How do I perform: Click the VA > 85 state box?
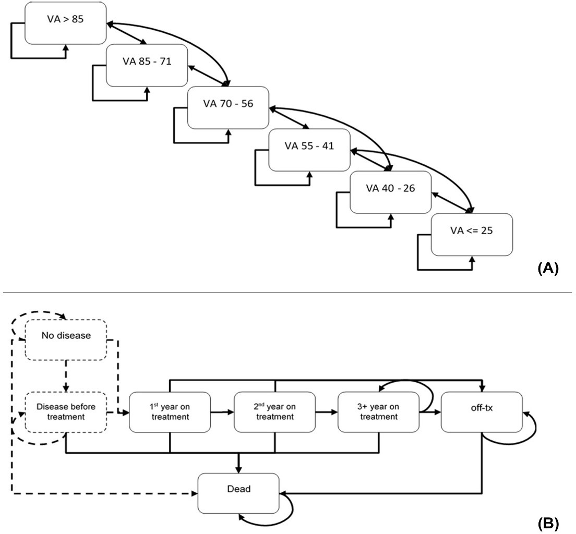pyautogui.click(x=66, y=23)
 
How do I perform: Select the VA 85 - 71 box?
pyautogui.click(x=147, y=65)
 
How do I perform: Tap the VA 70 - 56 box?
pyautogui.click(x=228, y=108)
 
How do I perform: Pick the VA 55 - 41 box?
pyautogui.click(x=309, y=150)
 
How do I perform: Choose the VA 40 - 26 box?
pyautogui.click(x=391, y=192)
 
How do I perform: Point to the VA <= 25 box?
pyautogui.click(x=472, y=234)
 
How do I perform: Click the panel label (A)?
pyautogui.click(x=547, y=269)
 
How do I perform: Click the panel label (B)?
pyautogui.click(x=547, y=523)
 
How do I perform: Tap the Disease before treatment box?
pyautogui.click(x=66, y=411)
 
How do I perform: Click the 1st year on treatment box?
pyautogui.click(x=170, y=411)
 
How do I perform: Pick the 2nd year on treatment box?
pyautogui.click(x=274, y=411)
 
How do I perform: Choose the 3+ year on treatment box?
pyautogui.click(x=378, y=411)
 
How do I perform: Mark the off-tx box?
pyautogui.click(x=482, y=411)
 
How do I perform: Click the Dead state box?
pyautogui.click(x=239, y=492)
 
